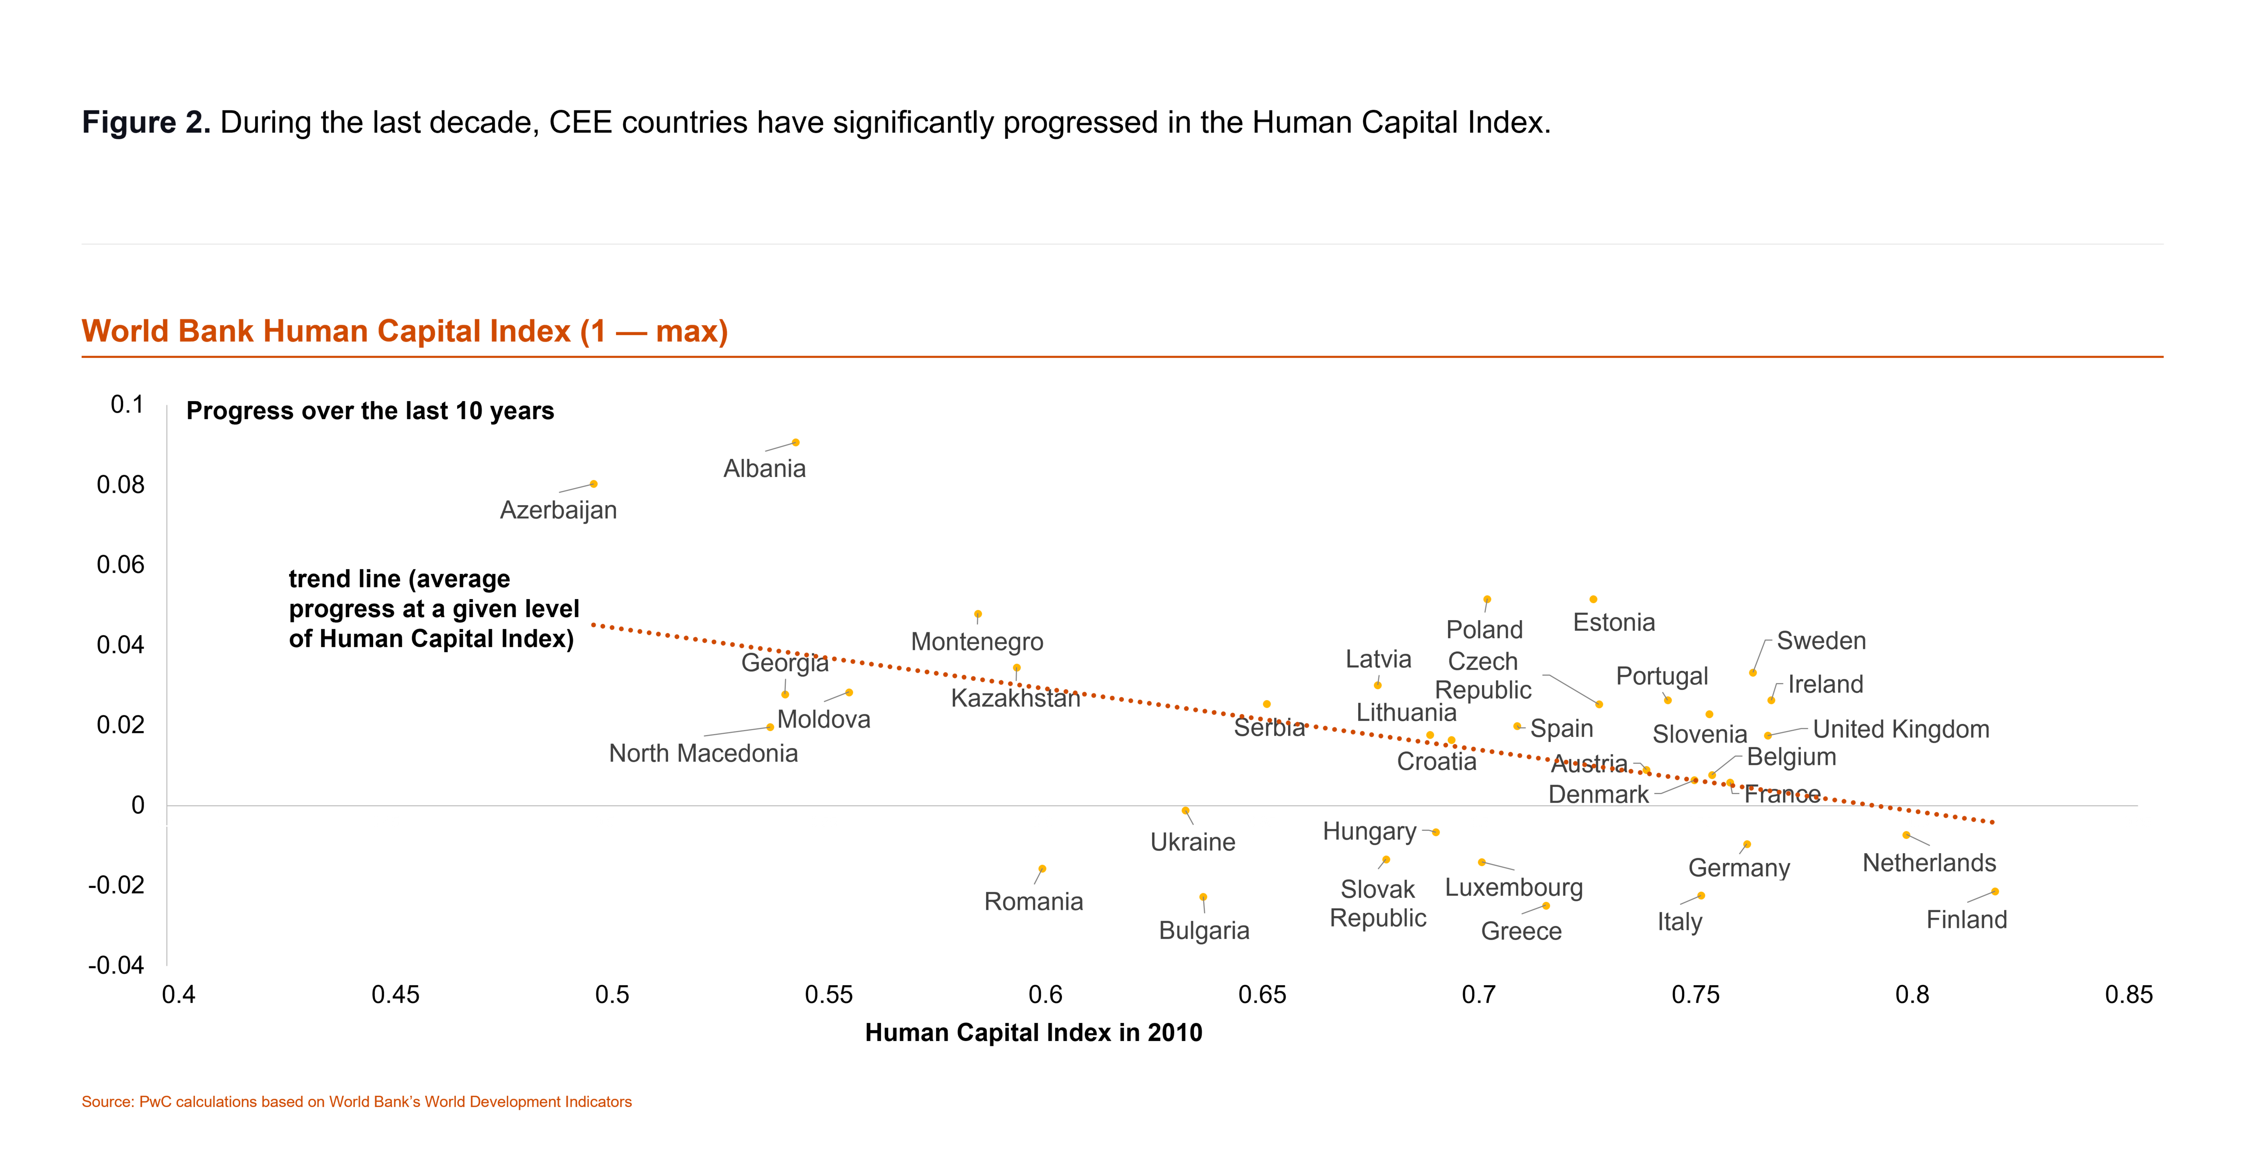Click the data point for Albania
tap(796, 443)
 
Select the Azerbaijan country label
tap(558, 510)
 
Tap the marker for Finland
tap(1995, 891)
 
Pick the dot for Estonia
tap(1593, 600)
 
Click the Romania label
tap(1034, 901)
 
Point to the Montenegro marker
tap(978, 614)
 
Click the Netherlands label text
tap(1928, 863)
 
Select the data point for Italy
tap(1701, 896)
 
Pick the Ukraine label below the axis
tap(1192, 842)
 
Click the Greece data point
tap(1546, 906)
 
